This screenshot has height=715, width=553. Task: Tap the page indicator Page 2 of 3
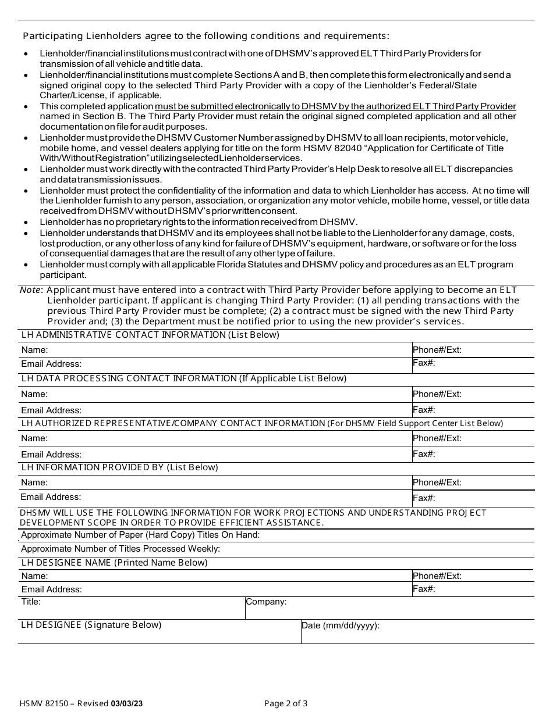click(x=286, y=703)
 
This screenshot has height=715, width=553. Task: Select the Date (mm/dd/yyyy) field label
click(x=340, y=625)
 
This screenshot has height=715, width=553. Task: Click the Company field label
click(x=266, y=602)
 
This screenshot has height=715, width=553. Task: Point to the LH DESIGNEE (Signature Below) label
click(x=91, y=625)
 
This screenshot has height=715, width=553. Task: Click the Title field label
click(x=31, y=602)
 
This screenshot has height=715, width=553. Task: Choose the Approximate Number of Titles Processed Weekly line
click(x=120, y=548)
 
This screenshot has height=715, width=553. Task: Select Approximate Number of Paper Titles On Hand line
click(x=140, y=535)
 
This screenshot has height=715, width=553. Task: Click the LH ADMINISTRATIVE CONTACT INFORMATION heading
click(x=150, y=335)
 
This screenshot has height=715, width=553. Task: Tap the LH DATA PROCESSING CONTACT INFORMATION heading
click(x=183, y=378)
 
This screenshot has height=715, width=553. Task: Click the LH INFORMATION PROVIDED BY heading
click(x=119, y=467)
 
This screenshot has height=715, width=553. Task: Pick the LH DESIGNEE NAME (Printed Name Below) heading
click(x=114, y=563)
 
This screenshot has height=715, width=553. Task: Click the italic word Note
click(x=31, y=290)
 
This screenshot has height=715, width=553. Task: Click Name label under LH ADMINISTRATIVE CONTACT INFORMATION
click(x=34, y=350)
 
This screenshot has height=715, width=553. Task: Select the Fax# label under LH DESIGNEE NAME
click(x=424, y=589)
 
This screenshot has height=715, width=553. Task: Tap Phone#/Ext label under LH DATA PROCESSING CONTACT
click(x=437, y=394)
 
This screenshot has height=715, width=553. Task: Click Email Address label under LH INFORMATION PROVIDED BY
click(x=51, y=497)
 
